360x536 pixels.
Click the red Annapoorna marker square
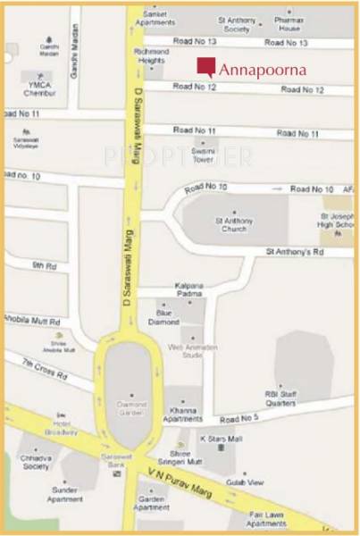pyautogui.click(x=206, y=67)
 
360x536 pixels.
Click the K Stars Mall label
pyautogui.click(x=215, y=440)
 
